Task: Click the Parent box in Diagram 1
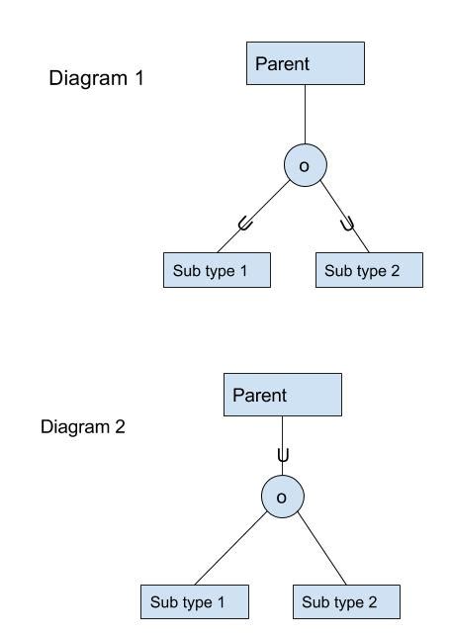306,63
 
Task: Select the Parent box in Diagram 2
283,395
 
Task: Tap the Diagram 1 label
96,78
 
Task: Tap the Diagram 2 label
83,427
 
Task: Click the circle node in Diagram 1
305,166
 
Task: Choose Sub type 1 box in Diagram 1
217,271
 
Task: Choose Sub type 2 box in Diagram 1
369,271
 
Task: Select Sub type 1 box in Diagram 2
194,601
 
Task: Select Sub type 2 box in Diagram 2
346,601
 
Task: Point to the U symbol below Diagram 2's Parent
283,456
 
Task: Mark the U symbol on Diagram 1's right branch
348,225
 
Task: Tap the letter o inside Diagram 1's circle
305,167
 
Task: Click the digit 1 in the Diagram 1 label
138,78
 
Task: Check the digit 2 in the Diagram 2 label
120,427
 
